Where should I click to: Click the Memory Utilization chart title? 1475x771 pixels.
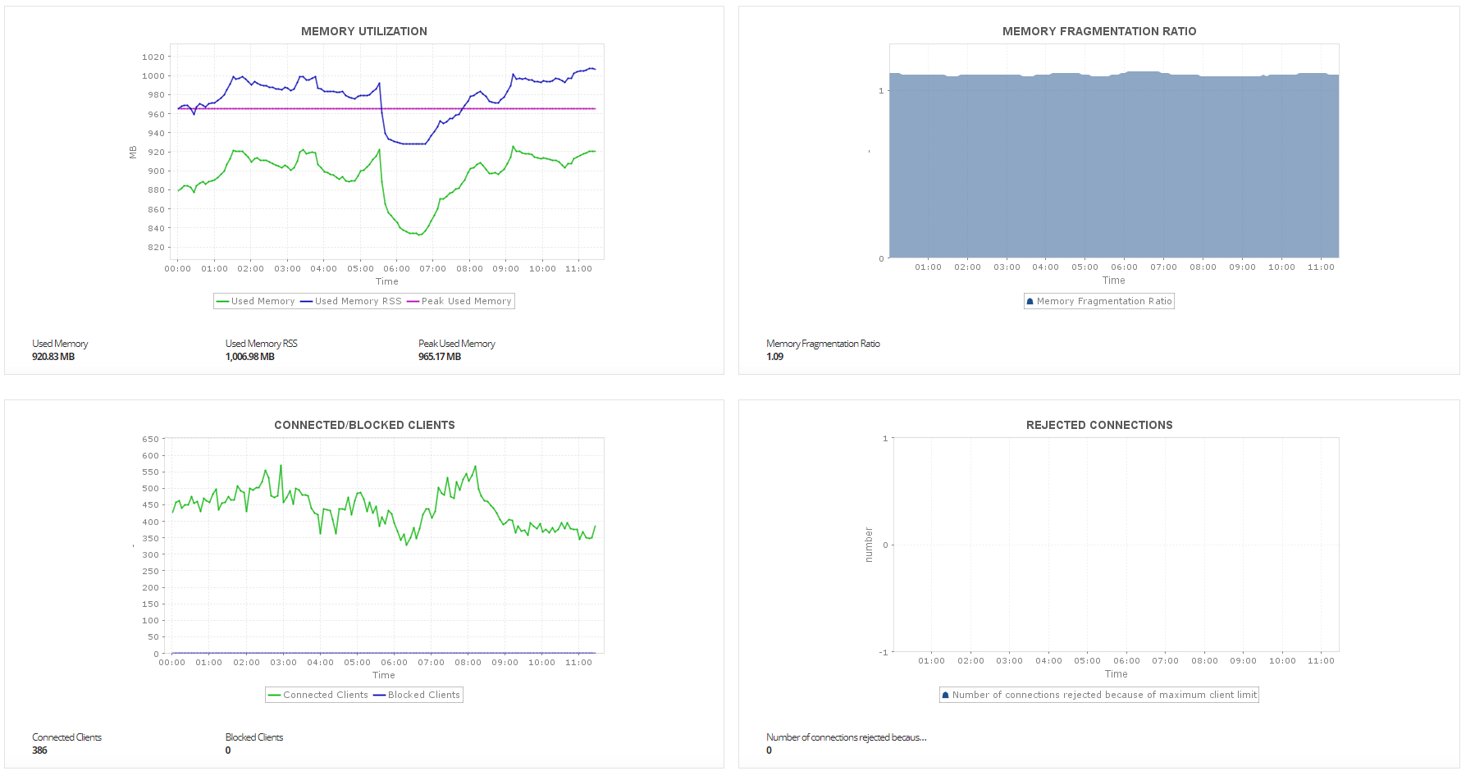[363, 31]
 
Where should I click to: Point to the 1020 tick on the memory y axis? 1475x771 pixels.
[153, 57]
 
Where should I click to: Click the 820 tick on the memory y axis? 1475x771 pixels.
[156, 247]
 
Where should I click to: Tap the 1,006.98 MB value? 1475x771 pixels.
[250, 357]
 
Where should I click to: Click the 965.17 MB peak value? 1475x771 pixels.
[440, 357]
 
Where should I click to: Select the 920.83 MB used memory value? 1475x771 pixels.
[53, 357]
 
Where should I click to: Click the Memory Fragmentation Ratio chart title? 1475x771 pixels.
[1099, 31]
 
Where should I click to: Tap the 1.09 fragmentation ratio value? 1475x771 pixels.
[774, 357]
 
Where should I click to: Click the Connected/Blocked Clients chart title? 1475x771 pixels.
[364, 425]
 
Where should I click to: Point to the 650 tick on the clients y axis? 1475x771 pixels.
[151, 440]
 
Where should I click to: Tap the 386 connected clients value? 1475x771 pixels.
[39, 750]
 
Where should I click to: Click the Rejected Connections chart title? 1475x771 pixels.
[1099, 425]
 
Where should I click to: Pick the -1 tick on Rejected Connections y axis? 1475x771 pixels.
[884, 652]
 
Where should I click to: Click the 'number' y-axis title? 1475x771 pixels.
[869, 545]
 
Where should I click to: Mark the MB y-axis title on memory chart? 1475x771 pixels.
[133, 152]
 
